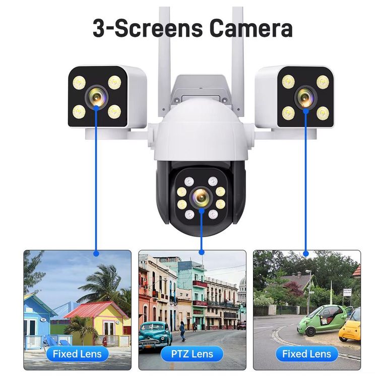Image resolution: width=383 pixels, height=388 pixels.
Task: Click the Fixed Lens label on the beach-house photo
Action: [x=77, y=354]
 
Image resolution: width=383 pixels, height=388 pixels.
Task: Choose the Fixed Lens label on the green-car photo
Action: [x=306, y=354]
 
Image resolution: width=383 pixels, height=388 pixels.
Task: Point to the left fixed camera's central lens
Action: [x=96, y=96]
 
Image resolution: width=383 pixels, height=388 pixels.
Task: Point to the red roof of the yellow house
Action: [x=96, y=309]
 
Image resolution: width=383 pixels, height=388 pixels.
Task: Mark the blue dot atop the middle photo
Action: [x=201, y=252]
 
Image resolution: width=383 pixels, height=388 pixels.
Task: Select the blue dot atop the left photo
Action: [x=96, y=252]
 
